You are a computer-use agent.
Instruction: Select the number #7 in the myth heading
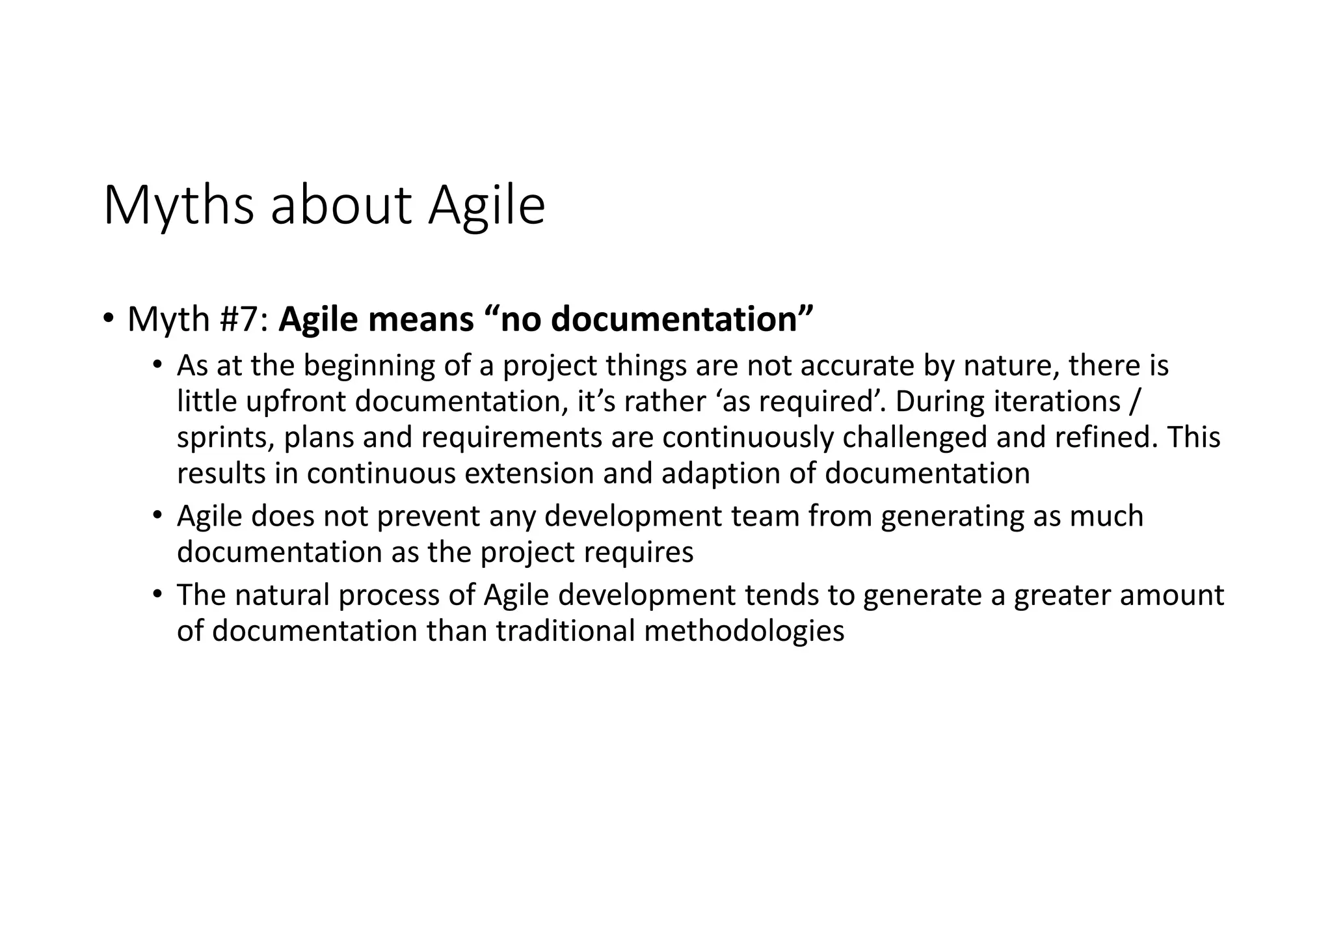(245, 319)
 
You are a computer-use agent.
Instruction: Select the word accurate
(856, 366)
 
